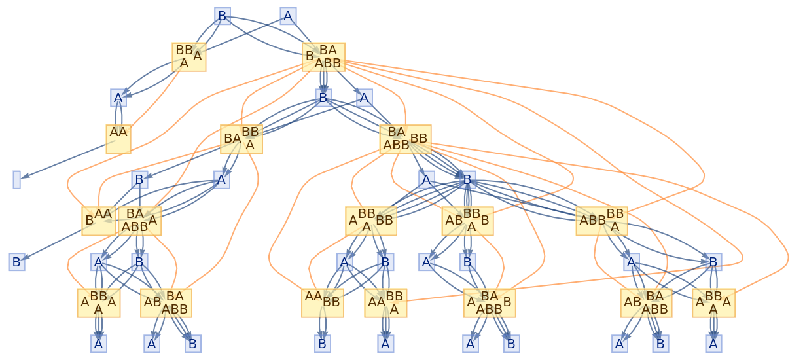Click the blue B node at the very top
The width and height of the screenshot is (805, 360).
pyautogui.click(x=223, y=16)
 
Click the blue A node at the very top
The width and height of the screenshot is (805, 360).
pyautogui.click(x=288, y=16)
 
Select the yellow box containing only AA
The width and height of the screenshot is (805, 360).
pyautogui.click(x=118, y=139)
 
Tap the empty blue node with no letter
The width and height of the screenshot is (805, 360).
pyautogui.click(x=16, y=179)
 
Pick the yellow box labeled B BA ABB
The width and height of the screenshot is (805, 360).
pyautogui.click(x=323, y=57)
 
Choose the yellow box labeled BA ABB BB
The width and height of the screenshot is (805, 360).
pyautogui.click(x=405, y=139)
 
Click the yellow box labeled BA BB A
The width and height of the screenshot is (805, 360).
pyautogui.click(x=241, y=139)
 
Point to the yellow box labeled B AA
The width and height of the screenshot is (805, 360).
pyautogui.click(x=99, y=221)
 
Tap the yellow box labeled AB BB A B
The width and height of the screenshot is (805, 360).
pyautogui.click(x=467, y=221)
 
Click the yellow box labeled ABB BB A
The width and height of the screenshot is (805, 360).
pyautogui.click(x=601, y=221)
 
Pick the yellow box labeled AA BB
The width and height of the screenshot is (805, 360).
pyautogui.click(x=323, y=302)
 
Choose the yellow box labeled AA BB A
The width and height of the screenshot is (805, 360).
pyautogui.click(x=385, y=302)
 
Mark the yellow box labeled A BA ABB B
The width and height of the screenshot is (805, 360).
pyautogui.click(x=489, y=302)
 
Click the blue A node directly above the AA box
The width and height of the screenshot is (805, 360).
pyautogui.click(x=118, y=98)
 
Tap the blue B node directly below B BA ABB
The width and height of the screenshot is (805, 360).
pyautogui.click(x=323, y=98)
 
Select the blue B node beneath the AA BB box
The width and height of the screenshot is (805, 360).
pyautogui.click(x=322, y=343)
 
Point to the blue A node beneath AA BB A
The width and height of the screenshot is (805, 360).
pyautogui.click(x=385, y=343)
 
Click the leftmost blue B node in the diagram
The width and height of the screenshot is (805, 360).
pyautogui.click(x=16, y=262)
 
